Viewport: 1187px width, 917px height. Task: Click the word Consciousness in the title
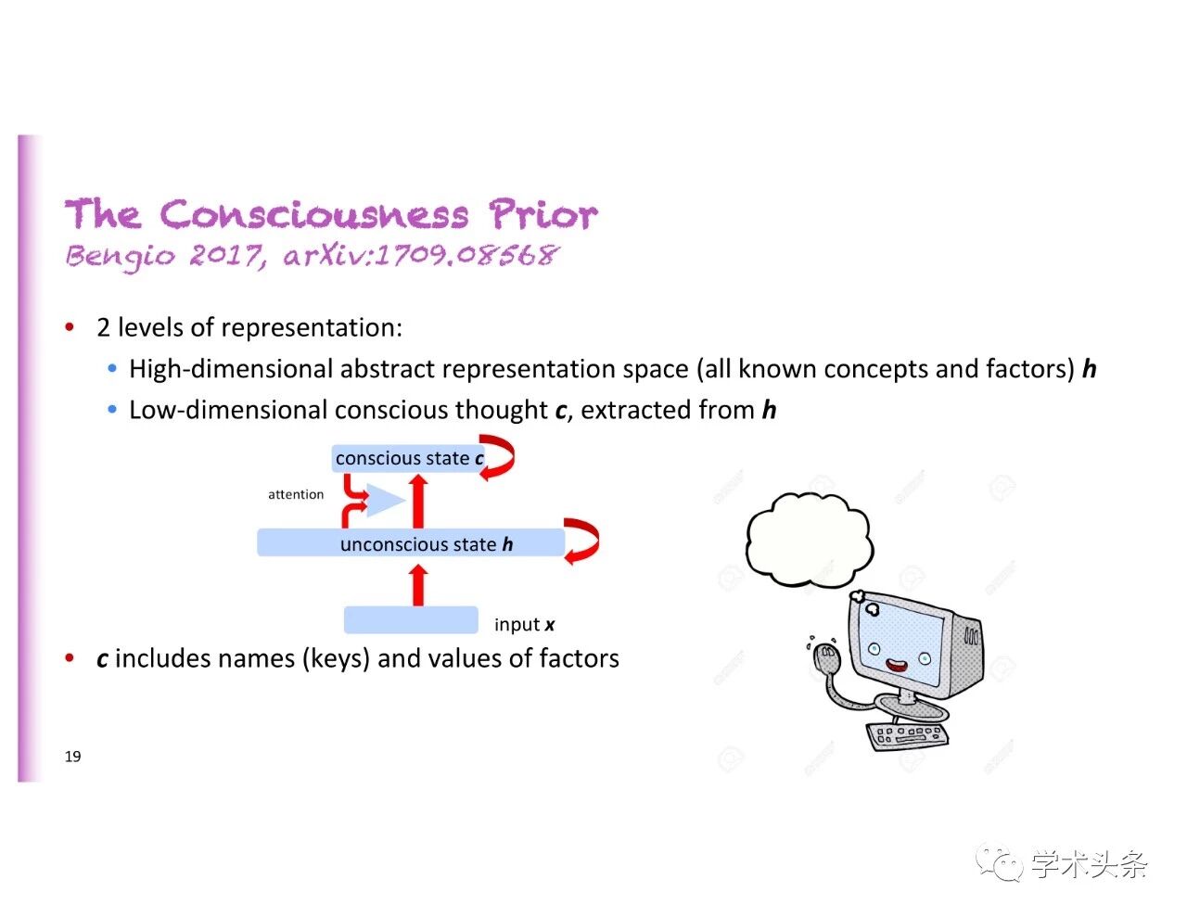[314, 215]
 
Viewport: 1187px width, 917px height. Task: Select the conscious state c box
[408, 458]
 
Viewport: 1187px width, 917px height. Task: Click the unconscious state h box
[410, 543]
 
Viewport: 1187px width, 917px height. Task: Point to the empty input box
[411, 619]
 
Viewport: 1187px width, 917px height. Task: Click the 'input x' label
[524, 625]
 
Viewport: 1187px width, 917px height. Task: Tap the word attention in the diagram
[296, 494]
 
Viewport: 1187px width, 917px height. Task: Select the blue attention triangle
[383, 501]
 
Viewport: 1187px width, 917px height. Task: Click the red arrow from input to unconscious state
[419, 585]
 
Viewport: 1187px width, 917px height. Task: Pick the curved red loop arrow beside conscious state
[500, 457]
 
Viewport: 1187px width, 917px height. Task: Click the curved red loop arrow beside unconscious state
[584, 541]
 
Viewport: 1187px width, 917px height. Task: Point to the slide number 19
[72, 757]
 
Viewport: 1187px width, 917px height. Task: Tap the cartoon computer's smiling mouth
[896, 665]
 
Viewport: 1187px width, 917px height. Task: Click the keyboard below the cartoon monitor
[908, 735]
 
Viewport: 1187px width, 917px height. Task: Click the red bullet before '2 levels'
[70, 327]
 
